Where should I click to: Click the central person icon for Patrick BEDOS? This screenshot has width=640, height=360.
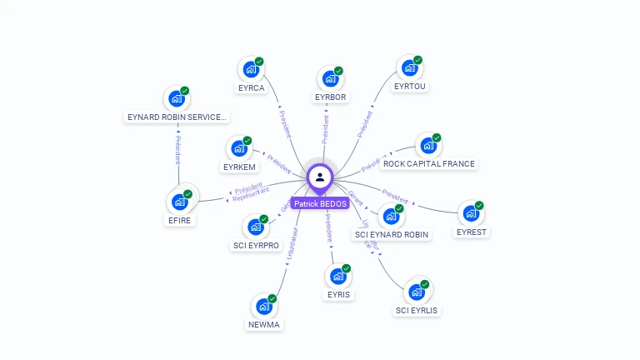point(320,177)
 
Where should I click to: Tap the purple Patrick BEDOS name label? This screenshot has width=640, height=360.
point(320,203)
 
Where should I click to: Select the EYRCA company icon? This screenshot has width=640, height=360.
point(250,70)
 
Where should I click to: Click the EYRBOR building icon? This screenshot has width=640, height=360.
point(330,80)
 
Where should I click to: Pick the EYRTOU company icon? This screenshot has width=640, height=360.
point(409,68)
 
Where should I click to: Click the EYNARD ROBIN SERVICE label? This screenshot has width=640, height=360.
point(177,117)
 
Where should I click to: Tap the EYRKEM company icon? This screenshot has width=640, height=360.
point(239,149)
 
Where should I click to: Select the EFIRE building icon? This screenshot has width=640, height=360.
point(179,202)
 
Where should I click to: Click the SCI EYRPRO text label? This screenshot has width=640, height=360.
point(256,246)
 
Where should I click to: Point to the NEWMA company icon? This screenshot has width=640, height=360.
point(264,307)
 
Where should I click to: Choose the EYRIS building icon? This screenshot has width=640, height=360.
point(338,277)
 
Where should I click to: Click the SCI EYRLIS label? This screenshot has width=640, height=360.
point(417,311)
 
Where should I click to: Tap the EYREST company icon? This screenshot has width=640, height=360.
point(472,213)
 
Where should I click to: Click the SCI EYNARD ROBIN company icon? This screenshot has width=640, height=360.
point(391,217)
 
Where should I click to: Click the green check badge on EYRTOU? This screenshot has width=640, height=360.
point(418,60)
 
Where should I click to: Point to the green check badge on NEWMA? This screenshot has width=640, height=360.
point(272,298)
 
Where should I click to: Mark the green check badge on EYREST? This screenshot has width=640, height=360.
point(480,205)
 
